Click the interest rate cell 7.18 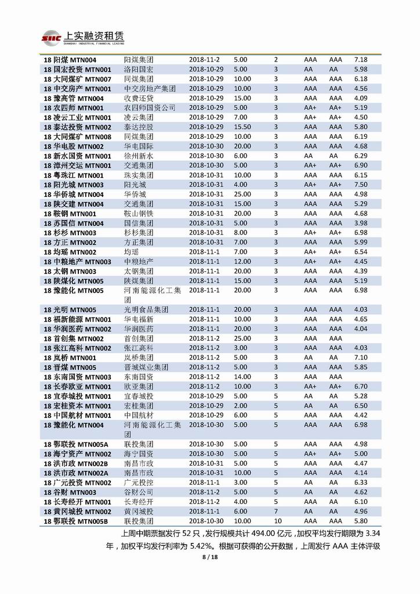tap(361, 60)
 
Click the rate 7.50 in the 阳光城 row tap(361, 185)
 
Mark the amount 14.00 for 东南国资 tap(242, 377)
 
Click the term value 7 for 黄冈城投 tap(276, 511)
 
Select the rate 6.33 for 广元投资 tap(361, 483)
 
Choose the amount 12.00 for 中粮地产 tap(242, 262)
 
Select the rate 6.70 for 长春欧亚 tap(361, 386)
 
